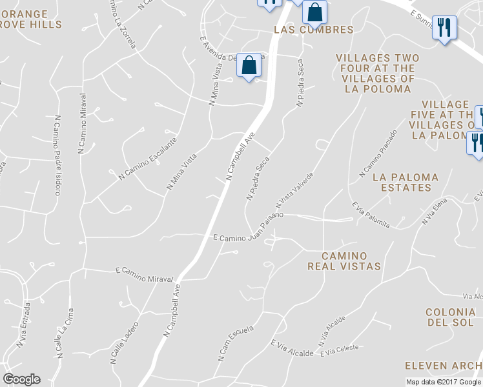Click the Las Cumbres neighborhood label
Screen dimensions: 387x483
[x=314, y=30]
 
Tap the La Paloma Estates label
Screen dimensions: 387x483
[x=406, y=182]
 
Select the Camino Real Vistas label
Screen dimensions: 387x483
[x=344, y=261]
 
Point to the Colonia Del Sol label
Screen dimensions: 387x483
[x=451, y=317]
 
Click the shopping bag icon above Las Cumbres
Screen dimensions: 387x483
[x=314, y=12]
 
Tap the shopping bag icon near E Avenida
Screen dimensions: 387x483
[x=249, y=65]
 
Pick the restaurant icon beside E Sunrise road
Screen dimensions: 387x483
[x=444, y=27]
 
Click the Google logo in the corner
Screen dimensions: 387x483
[x=21, y=379]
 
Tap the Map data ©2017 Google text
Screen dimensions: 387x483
[x=444, y=382]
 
